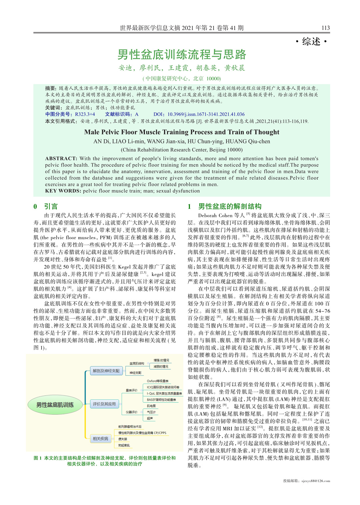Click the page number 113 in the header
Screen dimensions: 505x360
coord(325,28)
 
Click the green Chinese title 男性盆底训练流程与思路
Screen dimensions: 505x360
coord(182,54)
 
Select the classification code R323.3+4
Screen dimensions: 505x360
coord(85,114)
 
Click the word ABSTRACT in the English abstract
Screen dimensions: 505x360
coord(61,159)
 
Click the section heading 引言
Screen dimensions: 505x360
coord(51,206)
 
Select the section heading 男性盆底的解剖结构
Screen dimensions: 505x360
coord(230,206)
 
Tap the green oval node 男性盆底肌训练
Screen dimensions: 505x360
coord(55,405)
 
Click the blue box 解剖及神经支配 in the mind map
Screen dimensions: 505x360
coord(106,371)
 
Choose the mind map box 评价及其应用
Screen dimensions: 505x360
coord(104,404)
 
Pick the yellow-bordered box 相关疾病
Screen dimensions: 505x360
coord(100,439)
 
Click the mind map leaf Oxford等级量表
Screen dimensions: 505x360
coord(158,381)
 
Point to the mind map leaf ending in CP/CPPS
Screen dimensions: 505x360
coord(142,433)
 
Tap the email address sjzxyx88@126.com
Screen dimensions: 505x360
coord(316,481)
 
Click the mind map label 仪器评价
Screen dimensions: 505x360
coord(132,412)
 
